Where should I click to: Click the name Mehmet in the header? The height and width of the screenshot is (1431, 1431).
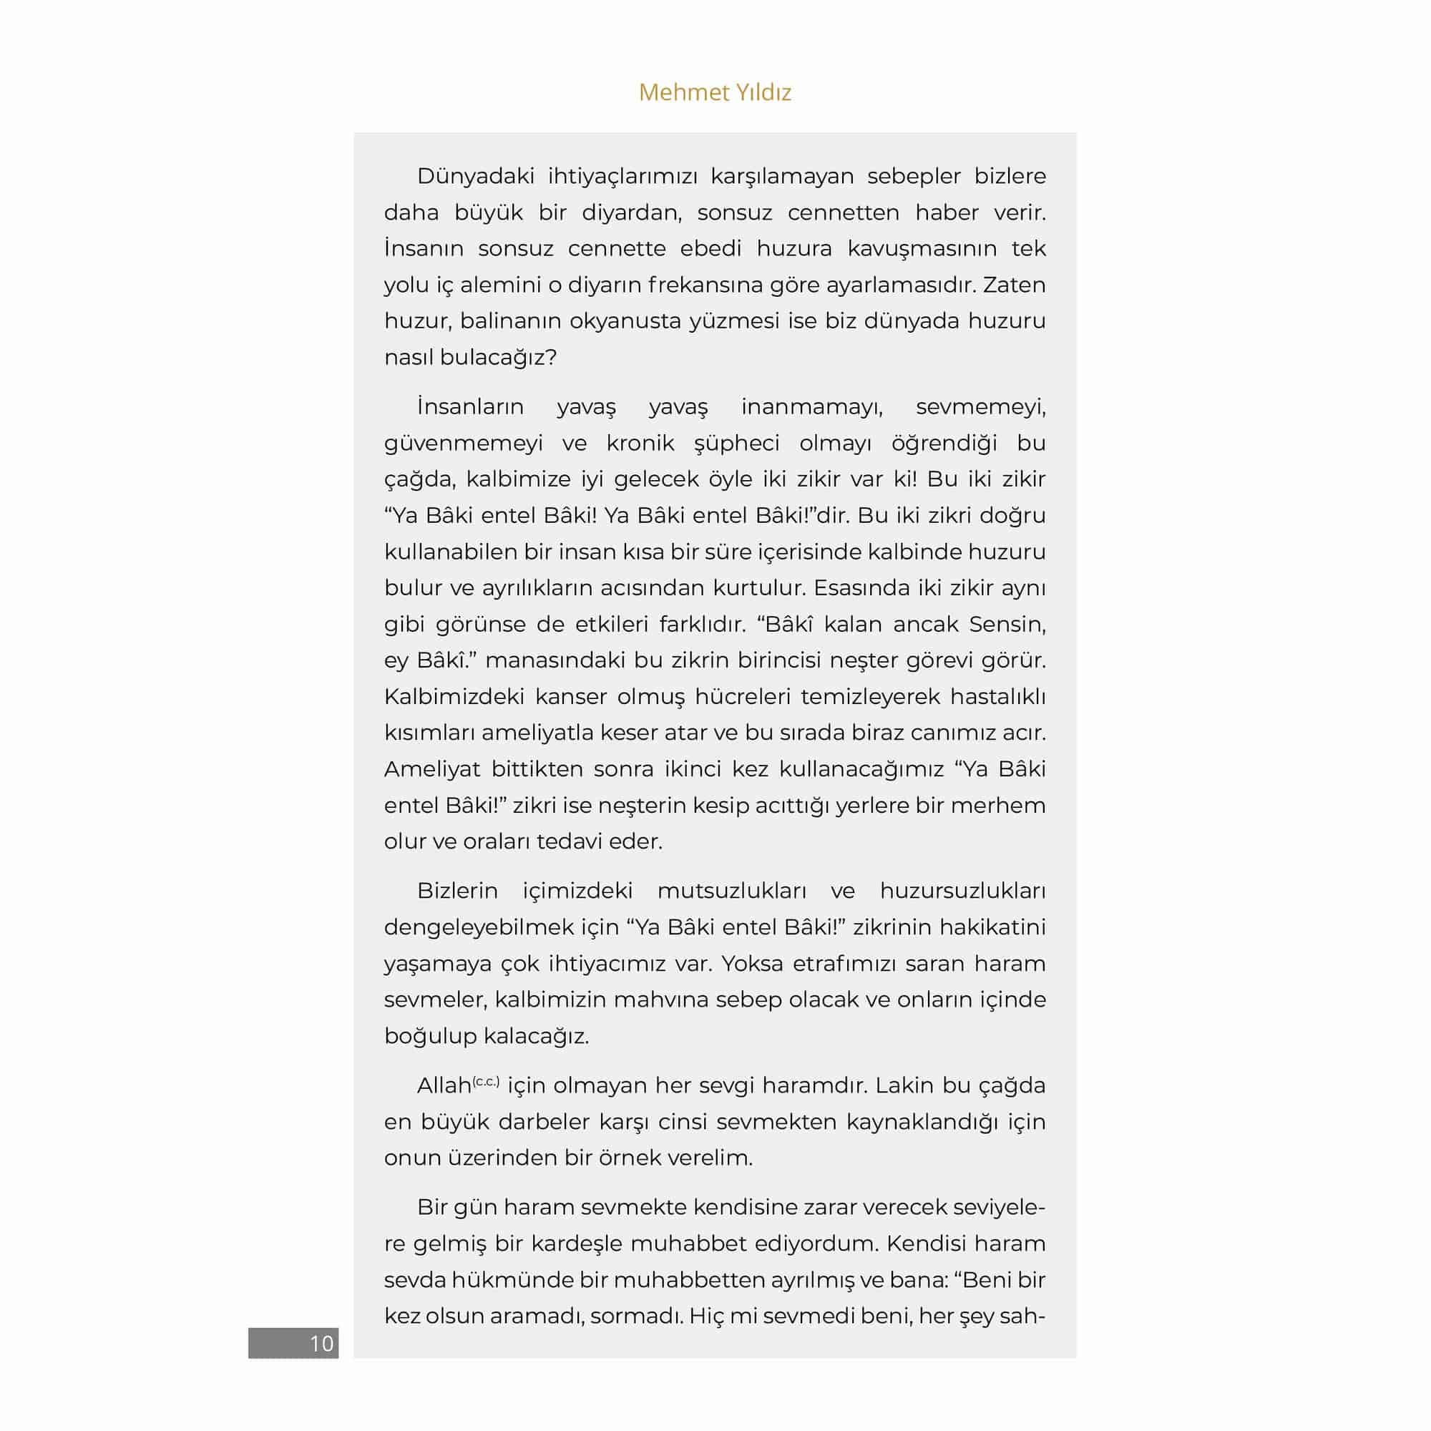673,92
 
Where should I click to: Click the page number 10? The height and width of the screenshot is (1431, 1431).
321,1344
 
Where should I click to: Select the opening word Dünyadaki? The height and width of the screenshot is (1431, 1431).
475,176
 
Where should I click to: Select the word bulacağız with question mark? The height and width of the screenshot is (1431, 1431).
497,358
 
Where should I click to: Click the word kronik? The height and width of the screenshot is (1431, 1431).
640,443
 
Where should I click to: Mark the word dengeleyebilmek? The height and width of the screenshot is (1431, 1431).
479,927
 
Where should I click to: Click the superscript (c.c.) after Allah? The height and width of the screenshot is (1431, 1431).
486,1082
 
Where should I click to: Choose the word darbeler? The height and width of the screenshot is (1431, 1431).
550,1121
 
